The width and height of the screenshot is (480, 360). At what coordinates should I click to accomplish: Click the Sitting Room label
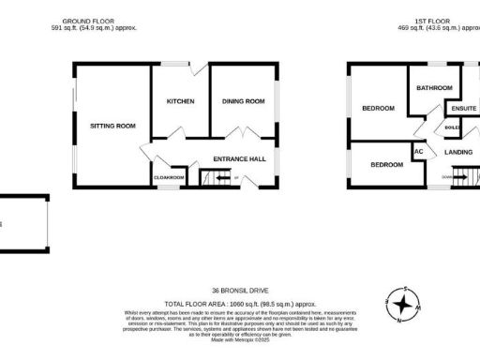tap(112, 126)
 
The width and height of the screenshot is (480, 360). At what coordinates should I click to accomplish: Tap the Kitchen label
tap(180, 101)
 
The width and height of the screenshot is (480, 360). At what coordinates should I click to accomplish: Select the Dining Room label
tap(243, 101)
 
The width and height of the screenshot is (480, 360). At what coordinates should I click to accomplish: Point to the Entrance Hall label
tap(239, 158)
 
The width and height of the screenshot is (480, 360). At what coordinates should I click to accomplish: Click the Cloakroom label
tap(170, 176)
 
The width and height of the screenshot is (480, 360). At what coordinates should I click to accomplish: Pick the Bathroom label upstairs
tap(434, 88)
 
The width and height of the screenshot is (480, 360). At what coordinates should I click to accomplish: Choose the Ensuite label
tap(462, 109)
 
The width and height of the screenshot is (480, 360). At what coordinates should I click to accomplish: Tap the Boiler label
tap(451, 127)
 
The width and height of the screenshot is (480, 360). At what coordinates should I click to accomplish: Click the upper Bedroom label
tap(379, 109)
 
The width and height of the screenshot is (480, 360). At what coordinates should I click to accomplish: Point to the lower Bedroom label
tap(385, 165)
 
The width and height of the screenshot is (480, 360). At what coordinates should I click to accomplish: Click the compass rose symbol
tap(405, 305)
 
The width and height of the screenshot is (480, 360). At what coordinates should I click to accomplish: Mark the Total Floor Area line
tap(240, 304)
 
